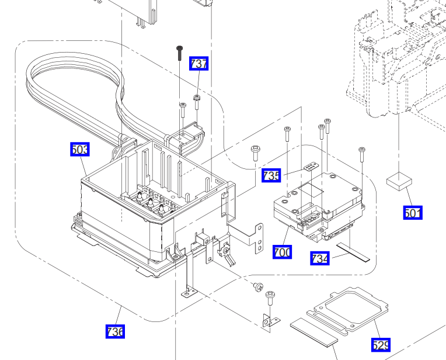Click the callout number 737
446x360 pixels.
point(199,63)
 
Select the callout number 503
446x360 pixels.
point(80,150)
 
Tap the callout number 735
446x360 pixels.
point(271,175)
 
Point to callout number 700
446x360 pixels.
point(283,252)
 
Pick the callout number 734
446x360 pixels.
point(320,258)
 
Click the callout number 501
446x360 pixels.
point(413,213)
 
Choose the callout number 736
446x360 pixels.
point(115,331)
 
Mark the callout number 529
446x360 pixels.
point(381,345)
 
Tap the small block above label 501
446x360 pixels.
point(399,181)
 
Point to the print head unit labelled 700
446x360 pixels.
point(318,205)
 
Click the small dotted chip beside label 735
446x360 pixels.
point(310,167)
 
